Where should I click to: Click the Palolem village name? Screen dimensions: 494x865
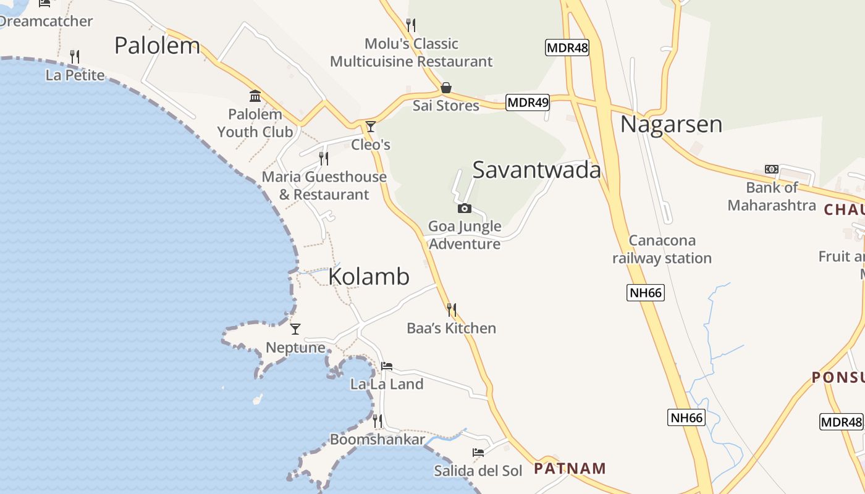tap(158, 46)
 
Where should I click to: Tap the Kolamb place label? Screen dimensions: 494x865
tap(369, 276)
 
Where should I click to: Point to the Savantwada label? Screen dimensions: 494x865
tap(536, 170)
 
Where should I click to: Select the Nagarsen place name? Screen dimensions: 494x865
tap(671, 124)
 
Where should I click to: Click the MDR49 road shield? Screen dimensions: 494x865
tap(528, 103)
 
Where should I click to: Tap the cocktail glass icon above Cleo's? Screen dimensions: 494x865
tap(371, 127)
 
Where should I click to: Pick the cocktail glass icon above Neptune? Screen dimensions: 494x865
tap(295, 329)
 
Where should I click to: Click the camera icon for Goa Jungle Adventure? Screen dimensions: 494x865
tap(465, 209)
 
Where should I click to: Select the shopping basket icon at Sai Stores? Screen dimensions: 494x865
tap(445, 88)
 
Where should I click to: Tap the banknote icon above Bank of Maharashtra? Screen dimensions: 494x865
tap(771, 169)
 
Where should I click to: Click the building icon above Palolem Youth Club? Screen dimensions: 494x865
tap(255, 96)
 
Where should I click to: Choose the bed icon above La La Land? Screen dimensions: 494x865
tap(387, 366)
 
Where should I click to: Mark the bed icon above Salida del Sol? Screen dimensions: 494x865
tap(478, 453)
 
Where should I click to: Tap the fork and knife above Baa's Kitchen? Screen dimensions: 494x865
tap(452, 309)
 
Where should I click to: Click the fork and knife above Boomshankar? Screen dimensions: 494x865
tap(377, 421)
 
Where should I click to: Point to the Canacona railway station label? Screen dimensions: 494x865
tap(662, 249)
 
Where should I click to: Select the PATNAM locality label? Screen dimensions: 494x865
tap(570, 468)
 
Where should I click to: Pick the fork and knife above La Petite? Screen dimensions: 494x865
tap(75, 57)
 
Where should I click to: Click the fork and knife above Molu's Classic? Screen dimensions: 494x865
tap(411, 25)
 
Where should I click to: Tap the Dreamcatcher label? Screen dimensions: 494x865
tap(46, 21)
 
